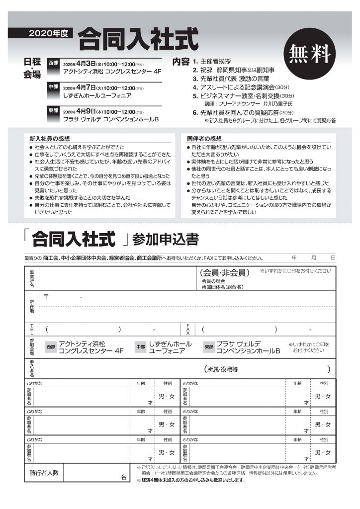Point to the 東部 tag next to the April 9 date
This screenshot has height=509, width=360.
(53, 111)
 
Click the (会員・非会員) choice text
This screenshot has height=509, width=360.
(224, 272)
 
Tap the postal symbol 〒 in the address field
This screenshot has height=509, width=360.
(46, 296)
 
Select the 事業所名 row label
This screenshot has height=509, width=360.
(32, 279)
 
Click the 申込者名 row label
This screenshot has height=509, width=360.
(32, 368)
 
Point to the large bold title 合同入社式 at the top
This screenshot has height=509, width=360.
(138, 37)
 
